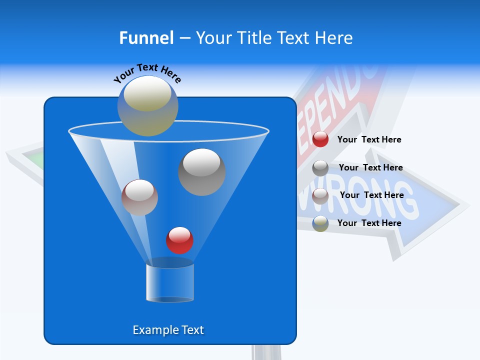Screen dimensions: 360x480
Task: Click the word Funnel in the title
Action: point(146,38)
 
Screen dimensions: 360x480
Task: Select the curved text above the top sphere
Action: point(147,72)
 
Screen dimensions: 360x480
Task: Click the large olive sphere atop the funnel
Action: point(148,105)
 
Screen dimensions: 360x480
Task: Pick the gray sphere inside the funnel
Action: point(202,172)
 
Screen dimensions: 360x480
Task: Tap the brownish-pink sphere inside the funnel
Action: point(139,197)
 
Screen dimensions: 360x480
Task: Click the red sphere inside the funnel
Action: point(180,240)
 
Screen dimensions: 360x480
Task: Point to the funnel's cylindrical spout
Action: point(169,282)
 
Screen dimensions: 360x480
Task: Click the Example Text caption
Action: point(168,330)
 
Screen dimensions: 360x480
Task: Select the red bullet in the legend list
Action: point(320,139)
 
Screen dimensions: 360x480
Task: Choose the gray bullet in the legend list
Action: point(320,168)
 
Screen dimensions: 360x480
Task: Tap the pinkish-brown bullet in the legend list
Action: point(320,195)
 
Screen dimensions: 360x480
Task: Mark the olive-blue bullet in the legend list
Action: point(320,223)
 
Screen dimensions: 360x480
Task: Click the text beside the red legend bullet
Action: point(369,139)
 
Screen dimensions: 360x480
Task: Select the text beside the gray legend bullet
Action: point(370,167)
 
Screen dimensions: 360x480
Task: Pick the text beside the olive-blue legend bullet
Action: point(369,223)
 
